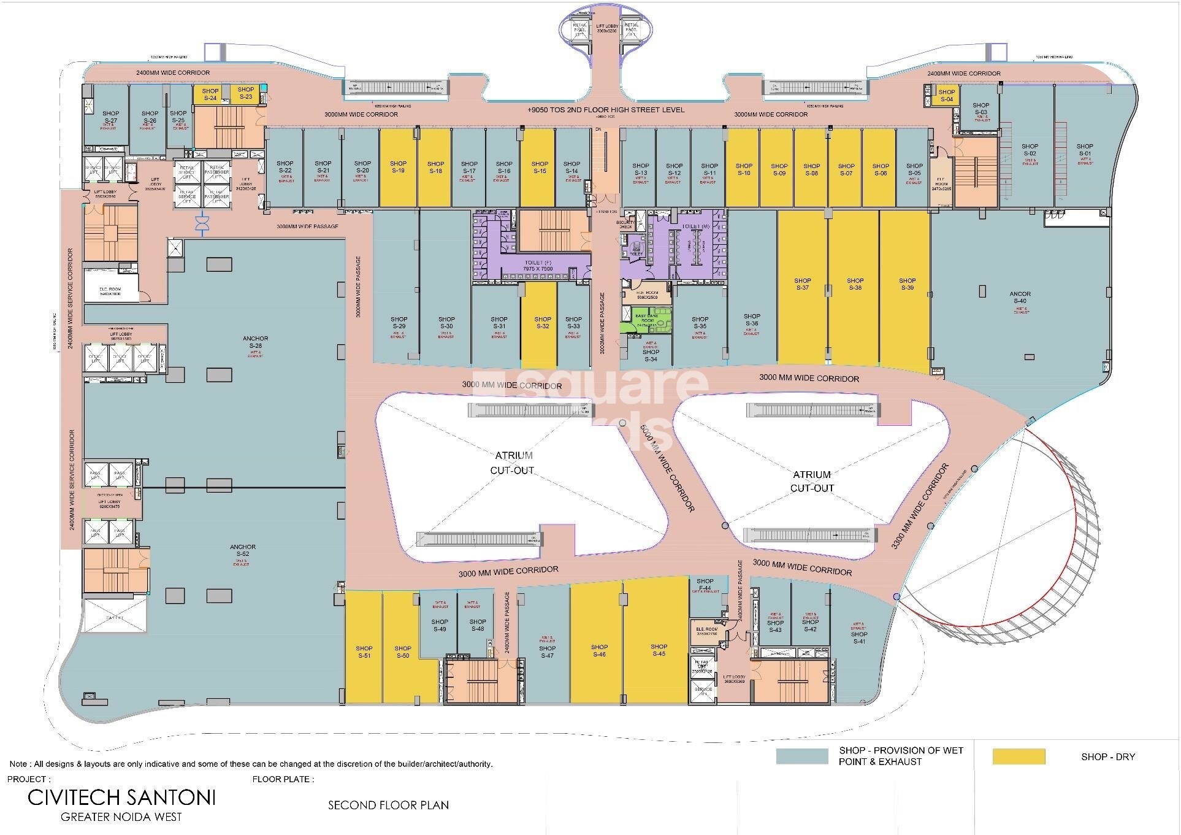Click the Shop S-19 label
[397, 167]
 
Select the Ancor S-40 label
[1020, 298]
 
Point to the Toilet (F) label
[538, 265]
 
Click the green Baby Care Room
[646, 320]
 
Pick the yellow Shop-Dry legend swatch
[1019, 756]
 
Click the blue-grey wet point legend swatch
[801, 756]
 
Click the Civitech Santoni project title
[121, 798]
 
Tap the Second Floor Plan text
[388, 805]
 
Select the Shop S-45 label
[659, 650]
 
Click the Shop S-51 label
[364, 652]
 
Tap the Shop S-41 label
[858, 638]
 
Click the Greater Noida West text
[121, 817]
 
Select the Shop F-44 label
[705, 585]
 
